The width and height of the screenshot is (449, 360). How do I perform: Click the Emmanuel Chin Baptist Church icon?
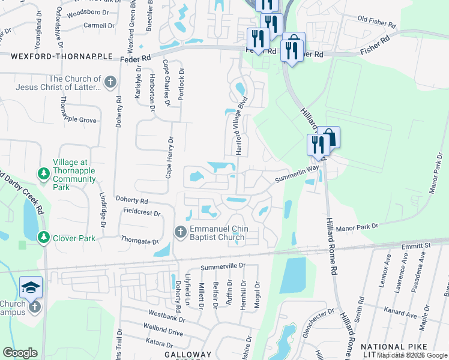pos(181,232)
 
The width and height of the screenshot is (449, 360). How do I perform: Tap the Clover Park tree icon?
pos(44,238)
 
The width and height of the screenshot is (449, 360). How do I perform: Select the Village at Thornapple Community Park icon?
pos(44,174)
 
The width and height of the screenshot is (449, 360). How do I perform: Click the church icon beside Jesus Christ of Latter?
pos(110,83)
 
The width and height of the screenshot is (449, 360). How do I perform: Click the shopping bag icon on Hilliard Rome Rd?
pos(329,137)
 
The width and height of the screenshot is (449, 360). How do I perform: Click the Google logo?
pos(20,352)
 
